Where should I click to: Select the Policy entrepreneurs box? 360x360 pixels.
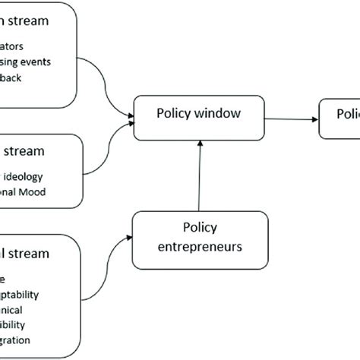[200, 236]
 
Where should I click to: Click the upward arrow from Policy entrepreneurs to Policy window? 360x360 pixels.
[199, 175]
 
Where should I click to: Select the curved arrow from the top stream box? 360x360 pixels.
[110, 87]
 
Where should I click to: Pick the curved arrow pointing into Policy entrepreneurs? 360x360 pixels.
[106, 262]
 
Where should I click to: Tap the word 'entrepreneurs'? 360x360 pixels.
[200, 245]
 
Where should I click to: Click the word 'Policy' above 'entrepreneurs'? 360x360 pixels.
[200, 227]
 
